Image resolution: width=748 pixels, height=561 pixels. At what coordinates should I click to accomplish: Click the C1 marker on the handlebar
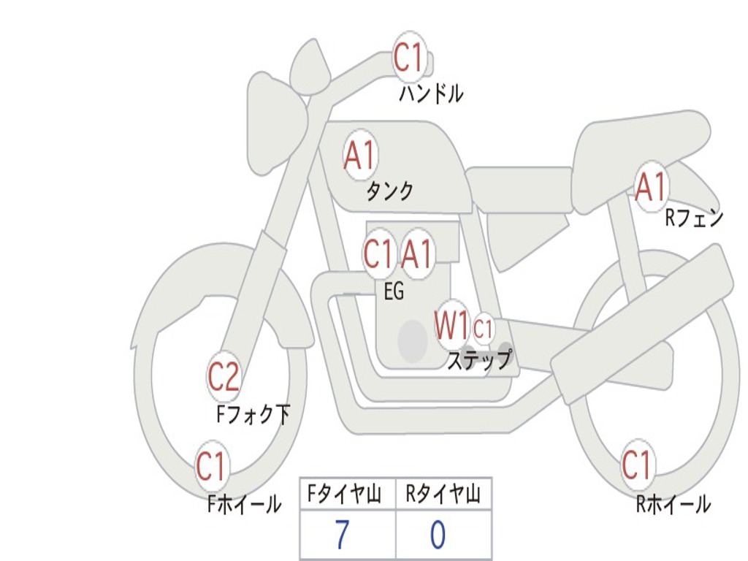(x=409, y=58)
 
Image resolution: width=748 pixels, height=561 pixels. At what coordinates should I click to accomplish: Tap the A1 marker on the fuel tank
(x=359, y=155)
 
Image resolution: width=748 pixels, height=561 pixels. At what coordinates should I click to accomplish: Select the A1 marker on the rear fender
(x=651, y=187)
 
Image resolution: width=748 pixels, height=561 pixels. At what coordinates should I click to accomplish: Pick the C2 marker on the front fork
(x=224, y=377)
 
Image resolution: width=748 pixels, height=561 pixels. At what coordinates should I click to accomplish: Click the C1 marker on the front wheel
(x=212, y=467)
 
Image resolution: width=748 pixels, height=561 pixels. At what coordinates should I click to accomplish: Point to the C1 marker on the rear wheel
(x=636, y=465)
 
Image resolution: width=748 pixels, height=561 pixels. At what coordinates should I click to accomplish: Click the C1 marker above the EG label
(x=378, y=254)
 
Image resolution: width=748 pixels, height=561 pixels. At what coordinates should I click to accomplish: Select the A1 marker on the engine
(x=417, y=254)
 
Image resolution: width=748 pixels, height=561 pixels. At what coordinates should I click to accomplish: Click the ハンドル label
(x=431, y=93)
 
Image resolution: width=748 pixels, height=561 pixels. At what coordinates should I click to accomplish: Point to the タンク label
(x=389, y=191)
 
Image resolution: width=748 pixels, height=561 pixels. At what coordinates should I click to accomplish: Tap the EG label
(x=394, y=291)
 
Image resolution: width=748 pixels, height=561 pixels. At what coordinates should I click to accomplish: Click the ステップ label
(x=479, y=359)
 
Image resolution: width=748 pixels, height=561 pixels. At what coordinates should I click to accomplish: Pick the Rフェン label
(x=693, y=218)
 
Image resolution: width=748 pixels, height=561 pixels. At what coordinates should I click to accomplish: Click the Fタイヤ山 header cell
(x=348, y=495)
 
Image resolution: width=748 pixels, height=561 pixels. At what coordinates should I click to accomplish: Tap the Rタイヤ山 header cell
(x=443, y=495)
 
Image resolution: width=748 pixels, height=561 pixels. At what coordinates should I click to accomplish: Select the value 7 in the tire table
(x=342, y=535)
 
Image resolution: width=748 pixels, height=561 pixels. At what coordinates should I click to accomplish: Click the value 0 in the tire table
(x=438, y=535)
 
